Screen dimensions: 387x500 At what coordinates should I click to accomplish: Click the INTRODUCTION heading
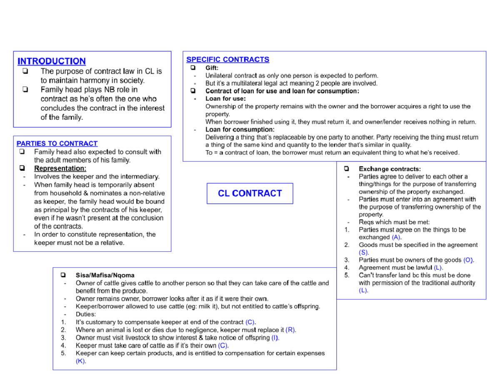(52, 61)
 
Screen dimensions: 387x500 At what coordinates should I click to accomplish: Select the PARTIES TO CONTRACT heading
(57, 144)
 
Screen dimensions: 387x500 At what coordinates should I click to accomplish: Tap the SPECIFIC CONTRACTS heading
(227, 60)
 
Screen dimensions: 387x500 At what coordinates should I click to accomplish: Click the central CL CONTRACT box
(250, 193)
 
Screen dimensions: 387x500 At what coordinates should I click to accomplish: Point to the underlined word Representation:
(60, 168)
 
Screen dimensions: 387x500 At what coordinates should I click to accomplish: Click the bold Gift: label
(212, 68)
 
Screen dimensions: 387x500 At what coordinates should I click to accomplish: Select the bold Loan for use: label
(225, 99)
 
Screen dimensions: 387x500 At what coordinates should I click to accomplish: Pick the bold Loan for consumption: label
(240, 129)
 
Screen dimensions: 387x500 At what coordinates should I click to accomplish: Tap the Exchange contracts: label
(390, 169)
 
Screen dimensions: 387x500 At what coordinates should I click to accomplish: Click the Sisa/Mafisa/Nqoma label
(105, 276)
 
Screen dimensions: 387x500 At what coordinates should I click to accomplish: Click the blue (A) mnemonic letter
(397, 237)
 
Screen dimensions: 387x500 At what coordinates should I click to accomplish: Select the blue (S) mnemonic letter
(364, 252)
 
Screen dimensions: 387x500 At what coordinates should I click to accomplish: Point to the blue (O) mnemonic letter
(468, 260)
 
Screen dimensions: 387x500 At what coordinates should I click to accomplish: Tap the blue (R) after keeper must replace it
(291, 330)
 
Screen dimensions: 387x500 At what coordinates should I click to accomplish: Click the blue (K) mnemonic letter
(81, 361)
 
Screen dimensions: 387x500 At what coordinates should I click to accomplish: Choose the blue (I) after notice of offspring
(275, 338)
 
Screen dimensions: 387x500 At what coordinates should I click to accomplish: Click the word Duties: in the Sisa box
(86, 314)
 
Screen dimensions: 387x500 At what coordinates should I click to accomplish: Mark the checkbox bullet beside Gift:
(193, 68)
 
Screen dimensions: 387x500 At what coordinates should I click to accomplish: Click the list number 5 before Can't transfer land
(347, 275)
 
